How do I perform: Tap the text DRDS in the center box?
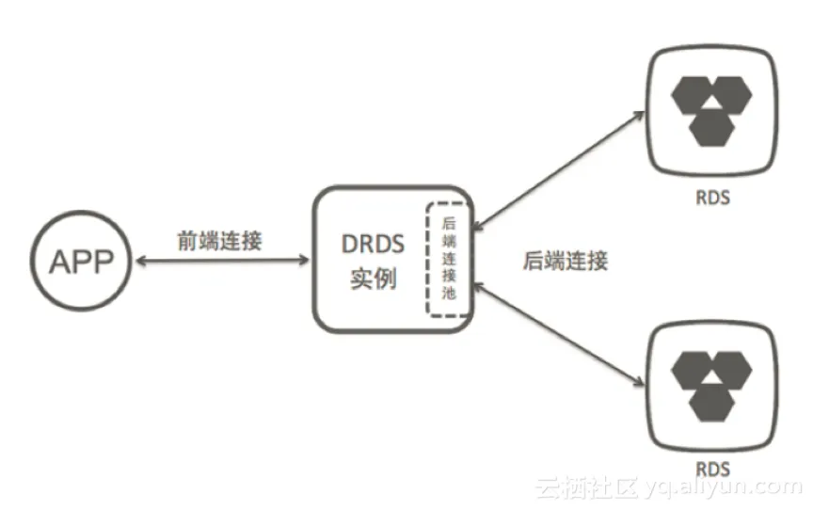tap(373, 245)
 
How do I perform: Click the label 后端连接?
tap(565, 261)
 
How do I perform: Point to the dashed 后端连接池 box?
tap(448, 258)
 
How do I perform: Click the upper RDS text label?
tap(713, 199)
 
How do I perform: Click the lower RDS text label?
tap(713, 469)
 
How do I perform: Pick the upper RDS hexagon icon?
tap(713, 111)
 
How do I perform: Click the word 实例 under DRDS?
tap(373, 279)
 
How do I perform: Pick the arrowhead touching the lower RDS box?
tap(641, 381)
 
